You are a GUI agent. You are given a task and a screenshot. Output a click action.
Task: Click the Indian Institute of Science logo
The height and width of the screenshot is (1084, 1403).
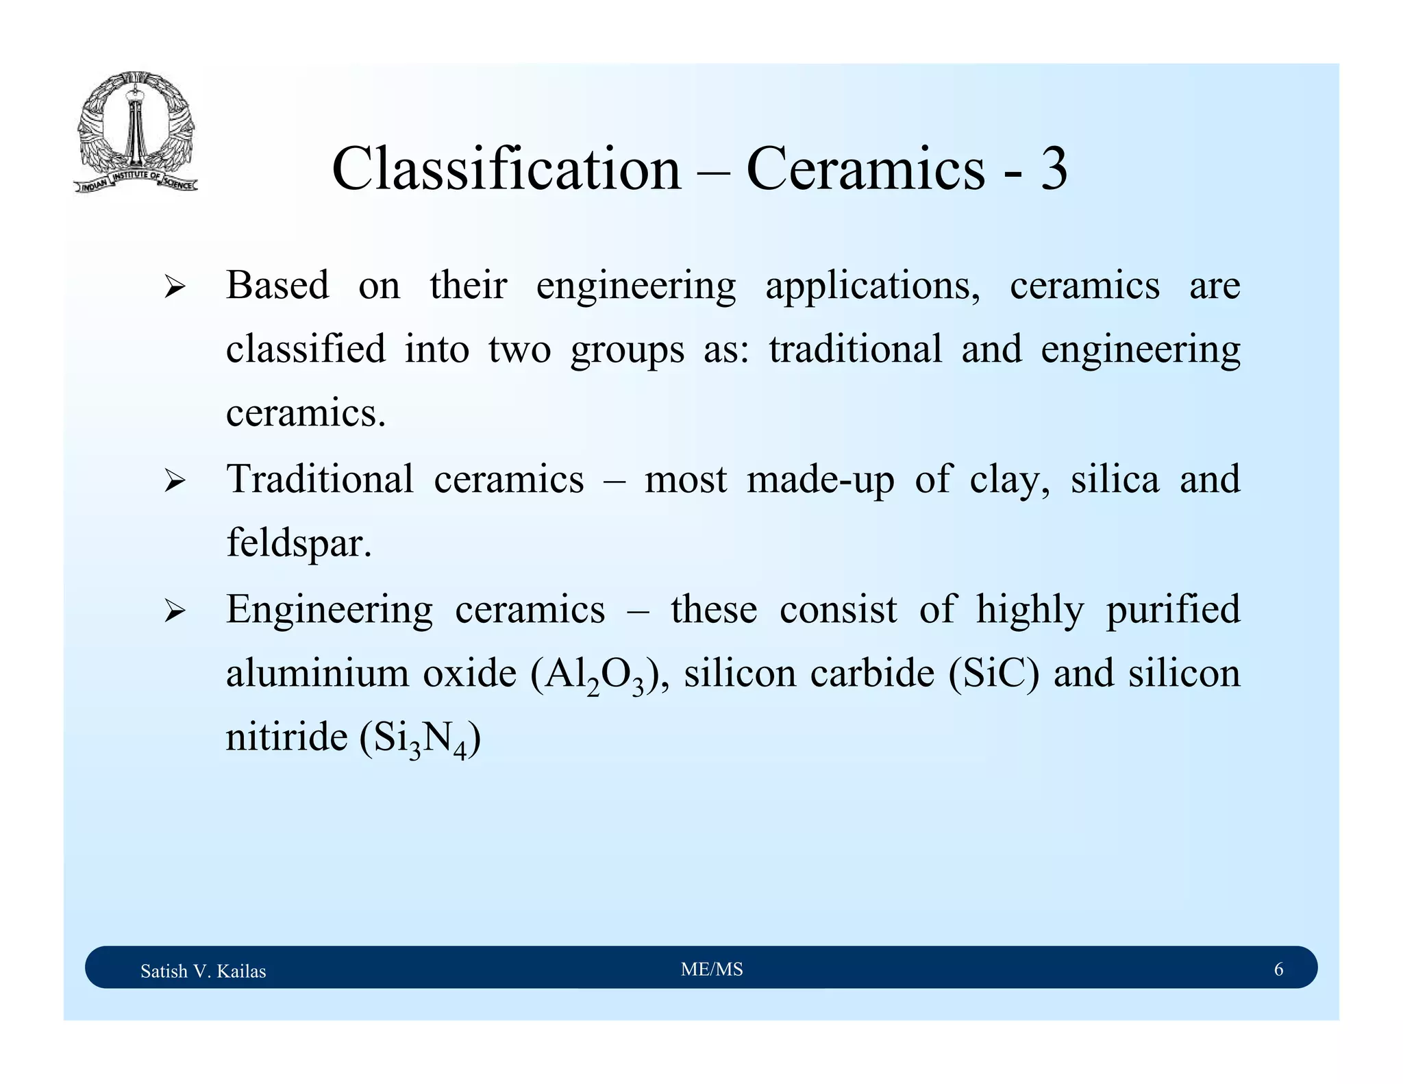click(x=136, y=132)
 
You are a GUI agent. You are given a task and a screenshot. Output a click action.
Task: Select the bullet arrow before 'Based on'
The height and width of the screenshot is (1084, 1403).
click(x=175, y=287)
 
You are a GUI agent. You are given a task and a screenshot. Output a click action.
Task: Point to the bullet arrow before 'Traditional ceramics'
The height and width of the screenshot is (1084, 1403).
click(x=175, y=481)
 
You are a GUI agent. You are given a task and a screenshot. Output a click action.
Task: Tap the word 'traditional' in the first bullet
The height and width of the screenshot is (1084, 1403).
click(x=855, y=349)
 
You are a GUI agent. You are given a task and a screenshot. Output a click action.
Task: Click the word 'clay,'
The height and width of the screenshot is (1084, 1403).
click(x=1010, y=480)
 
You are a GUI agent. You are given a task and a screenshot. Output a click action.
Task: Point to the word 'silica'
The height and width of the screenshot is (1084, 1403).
click(x=1115, y=478)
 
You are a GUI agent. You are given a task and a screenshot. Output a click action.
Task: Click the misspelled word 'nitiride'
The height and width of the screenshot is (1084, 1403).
click(x=287, y=737)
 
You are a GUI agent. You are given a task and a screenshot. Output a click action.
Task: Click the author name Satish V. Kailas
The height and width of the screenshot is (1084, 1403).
click(x=203, y=971)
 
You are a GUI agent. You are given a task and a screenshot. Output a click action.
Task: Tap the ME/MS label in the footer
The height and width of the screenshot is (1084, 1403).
click(x=712, y=969)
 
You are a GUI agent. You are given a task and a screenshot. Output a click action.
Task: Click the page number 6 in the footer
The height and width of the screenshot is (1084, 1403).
click(x=1278, y=969)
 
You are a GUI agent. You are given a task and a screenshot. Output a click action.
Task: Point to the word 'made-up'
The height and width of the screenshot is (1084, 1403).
click(x=821, y=479)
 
